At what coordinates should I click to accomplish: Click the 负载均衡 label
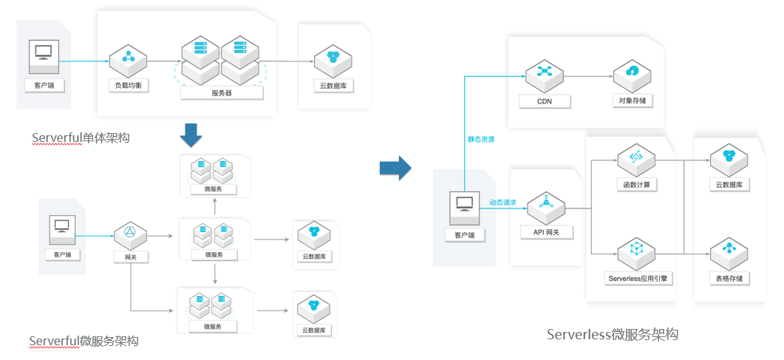click(129, 86)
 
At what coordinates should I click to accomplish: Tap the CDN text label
click(545, 101)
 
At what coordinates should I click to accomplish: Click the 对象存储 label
click(633, 101)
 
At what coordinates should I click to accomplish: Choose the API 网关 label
click(547, 231)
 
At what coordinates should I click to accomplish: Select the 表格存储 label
click(729, 279)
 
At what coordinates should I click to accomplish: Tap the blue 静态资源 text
click(480, 139)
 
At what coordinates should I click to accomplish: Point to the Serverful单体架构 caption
click(81, 137)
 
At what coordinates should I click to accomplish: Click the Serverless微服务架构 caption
click(612, 334)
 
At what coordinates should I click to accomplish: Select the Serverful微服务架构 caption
click(83, 341)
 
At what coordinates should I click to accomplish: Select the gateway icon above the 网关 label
click(130, 233)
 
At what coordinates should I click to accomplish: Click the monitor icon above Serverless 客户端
click(465, 204)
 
